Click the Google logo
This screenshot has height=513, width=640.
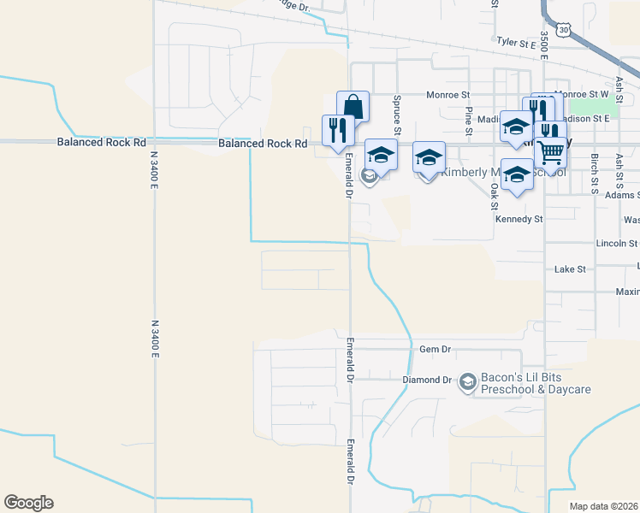pyautogui.click(x=28, y=503)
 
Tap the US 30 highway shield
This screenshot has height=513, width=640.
pyautogui.click(x=562, y=30)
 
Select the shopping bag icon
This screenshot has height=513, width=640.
pyautogui.click(x=353, y=107)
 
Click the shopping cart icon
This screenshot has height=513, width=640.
pyautogui.click(x=552, y=150)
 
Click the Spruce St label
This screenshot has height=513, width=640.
pyautogui.click(x=397, y=109)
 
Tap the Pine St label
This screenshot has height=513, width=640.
pyautogui.click(x=469, y=121)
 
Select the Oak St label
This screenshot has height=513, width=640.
pyautogui.click(x=495, y=196)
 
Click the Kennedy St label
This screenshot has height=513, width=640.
pyautogui.click(x=519, y=219)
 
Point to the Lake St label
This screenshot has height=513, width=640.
pyautogui.click(x=569, y=268)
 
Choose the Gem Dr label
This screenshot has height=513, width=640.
pyautogui.click(x=435, y=349)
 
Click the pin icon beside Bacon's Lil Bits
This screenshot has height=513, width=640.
pyautogui.click(x=467, y=381)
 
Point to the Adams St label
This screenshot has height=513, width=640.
pyautogui.click(x=621, y=195)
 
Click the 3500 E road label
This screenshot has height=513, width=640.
pyautogui.click(x=544, y=46)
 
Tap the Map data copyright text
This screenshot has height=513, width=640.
pyautogui.click(x=604, y=506)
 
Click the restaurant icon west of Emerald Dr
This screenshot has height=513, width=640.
pyautogui.click(x=337, y=130)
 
